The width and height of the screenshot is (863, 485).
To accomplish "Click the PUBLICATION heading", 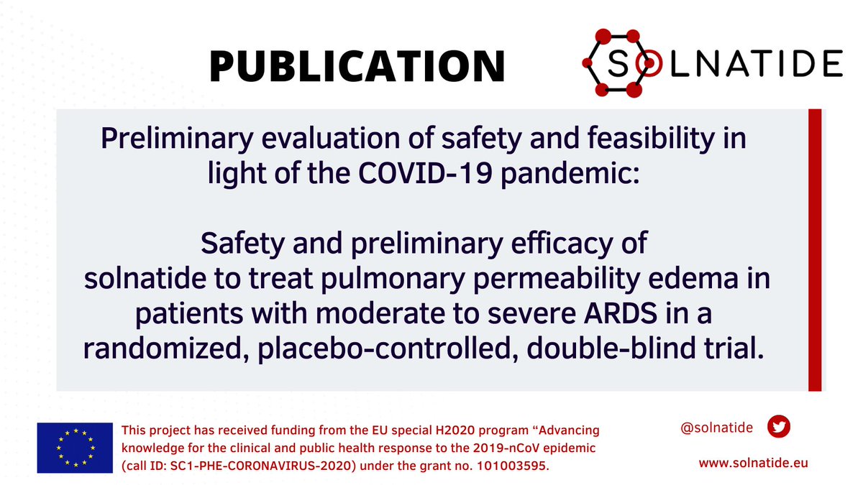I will (x=357, y=66).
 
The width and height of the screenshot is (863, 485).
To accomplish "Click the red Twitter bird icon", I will (x=779, y=427).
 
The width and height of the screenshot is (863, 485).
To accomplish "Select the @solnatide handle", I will (x=716, y=428).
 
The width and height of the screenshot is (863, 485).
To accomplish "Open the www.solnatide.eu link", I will (x=754, y=463).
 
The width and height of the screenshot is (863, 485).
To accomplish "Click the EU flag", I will (x=75, y=448).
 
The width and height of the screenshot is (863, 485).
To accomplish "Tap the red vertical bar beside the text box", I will (x=815, y=250).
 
